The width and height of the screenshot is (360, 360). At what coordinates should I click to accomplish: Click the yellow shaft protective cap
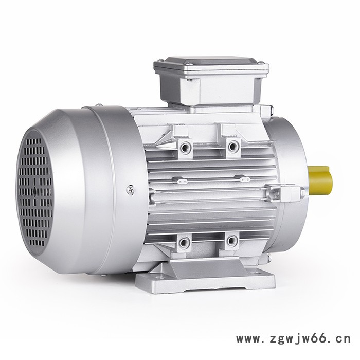pos(321,180)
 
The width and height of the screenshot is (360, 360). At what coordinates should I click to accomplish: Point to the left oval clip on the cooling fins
pos(180,181)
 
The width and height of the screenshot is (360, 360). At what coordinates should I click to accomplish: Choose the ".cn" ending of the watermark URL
pos(341,339)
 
